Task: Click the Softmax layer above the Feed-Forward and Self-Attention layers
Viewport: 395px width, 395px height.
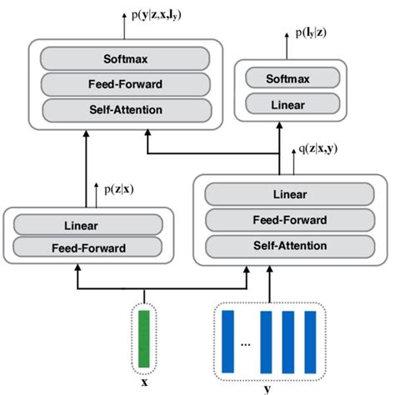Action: click(125, 58)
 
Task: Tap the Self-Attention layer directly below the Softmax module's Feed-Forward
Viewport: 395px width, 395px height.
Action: click(125, 110)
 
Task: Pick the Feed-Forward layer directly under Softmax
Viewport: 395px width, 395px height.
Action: click(125, 84)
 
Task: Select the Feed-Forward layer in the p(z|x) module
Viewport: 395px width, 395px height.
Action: click(87, 247)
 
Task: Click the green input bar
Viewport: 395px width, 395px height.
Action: click(144, 337)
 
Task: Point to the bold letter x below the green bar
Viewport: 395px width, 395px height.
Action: click(145, 384)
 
